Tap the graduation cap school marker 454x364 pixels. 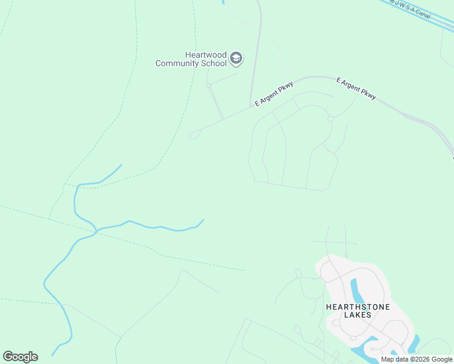pyautogui.click(x=236, y=59)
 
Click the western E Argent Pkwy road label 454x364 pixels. pyautogui.click(x=274, y=93)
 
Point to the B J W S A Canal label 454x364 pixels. pyautogui.click(x=413, y=10)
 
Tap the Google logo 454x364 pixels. pyautogui.click(x=20, y=357)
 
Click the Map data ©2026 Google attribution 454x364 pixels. pyautogui.click(x=416, y=359)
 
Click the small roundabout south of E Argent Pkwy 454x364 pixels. pyautogui.click(x=330, y=119)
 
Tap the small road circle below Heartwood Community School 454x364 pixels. pyautogui.click(x=209, y=85)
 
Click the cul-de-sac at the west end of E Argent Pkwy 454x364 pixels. pyautogui.click(x=193, y=135)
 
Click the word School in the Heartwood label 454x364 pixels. pyautogui.click(x=213, y=63)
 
